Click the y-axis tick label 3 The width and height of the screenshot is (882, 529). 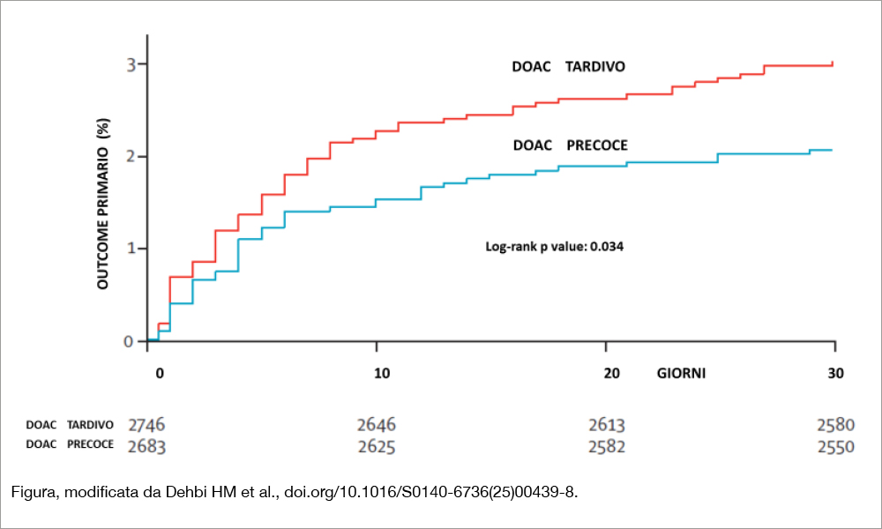point(131,64)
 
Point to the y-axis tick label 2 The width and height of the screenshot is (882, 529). point(131,156)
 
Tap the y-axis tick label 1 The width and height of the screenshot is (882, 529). point(131,248)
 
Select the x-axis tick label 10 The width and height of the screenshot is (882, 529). point(382,373)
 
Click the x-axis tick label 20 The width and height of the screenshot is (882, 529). point(611,373)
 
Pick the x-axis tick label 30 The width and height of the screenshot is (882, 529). point(836,373)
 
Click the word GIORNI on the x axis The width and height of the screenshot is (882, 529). point(681,373)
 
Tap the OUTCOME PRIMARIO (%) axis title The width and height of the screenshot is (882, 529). point(103,204)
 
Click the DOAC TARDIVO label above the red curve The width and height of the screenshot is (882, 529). point(568,67)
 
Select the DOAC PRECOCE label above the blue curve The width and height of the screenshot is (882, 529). point(570,145)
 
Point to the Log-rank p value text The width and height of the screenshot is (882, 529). point(554,247)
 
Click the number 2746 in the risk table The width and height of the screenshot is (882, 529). point(146,425)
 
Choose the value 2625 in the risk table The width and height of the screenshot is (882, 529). point(377,448)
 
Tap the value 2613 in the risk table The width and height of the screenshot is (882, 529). point(607,425)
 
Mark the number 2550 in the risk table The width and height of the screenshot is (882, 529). point(836,448)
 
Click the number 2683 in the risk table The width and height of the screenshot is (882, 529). point(146,447)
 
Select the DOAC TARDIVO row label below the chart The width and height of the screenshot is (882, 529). point(70,425)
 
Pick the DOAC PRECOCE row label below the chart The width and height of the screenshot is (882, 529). point(70,444)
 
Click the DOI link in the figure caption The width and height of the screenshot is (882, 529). point(430,493)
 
